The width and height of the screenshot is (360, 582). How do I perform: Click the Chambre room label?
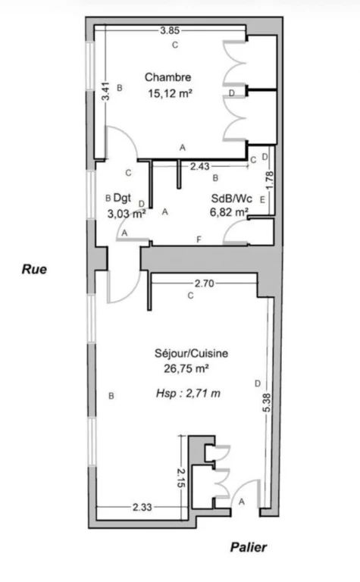click(167, 77)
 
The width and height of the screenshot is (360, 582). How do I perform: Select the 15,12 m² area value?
click(170, 93)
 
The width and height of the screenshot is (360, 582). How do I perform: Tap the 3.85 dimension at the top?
click(170, 30)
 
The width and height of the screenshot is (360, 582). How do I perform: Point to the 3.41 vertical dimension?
click(106, 91)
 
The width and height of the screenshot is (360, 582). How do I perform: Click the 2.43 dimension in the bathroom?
click(199, 166)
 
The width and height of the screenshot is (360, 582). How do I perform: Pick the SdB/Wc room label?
click(232, 199)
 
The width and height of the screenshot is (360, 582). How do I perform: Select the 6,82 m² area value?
click(229, 212)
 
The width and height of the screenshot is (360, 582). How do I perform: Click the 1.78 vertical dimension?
click(270, 180)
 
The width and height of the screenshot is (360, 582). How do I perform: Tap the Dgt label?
click(122, 199)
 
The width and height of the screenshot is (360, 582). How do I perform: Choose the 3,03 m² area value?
click(126, 214)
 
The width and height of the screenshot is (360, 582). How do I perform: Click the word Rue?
click(34, 269)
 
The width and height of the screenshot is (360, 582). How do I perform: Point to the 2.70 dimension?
click(204, 283)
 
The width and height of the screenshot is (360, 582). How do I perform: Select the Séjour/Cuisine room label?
click(191, 353)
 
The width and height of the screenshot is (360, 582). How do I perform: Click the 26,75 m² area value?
click(186, 368)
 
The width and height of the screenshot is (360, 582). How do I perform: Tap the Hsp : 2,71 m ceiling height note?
click(188, 393)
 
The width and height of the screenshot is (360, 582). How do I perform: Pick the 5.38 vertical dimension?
click(267, 402)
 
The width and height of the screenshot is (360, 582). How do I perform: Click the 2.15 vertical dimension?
click(180, 478)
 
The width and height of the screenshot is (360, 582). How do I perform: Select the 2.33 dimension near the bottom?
click(142, 507)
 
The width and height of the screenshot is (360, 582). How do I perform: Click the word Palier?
click(249, 547)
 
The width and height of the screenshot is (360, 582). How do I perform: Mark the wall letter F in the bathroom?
click(199, 239)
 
